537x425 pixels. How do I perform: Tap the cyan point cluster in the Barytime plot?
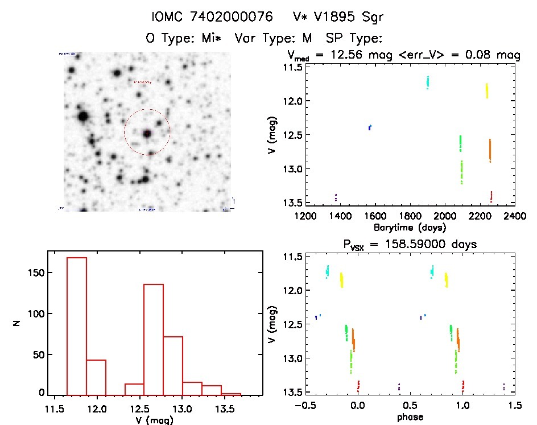pyautogui.click(x=428, y=82)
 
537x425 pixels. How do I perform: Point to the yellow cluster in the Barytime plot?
pyautogui.click(x=487, y=90)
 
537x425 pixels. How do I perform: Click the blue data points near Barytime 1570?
pyautogui.click(x=370, y=127)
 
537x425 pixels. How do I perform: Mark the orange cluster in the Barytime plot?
pyautogui.click(x=490, y=150)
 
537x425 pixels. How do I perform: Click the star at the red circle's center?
pyautogui.click(x=147, y=133)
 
